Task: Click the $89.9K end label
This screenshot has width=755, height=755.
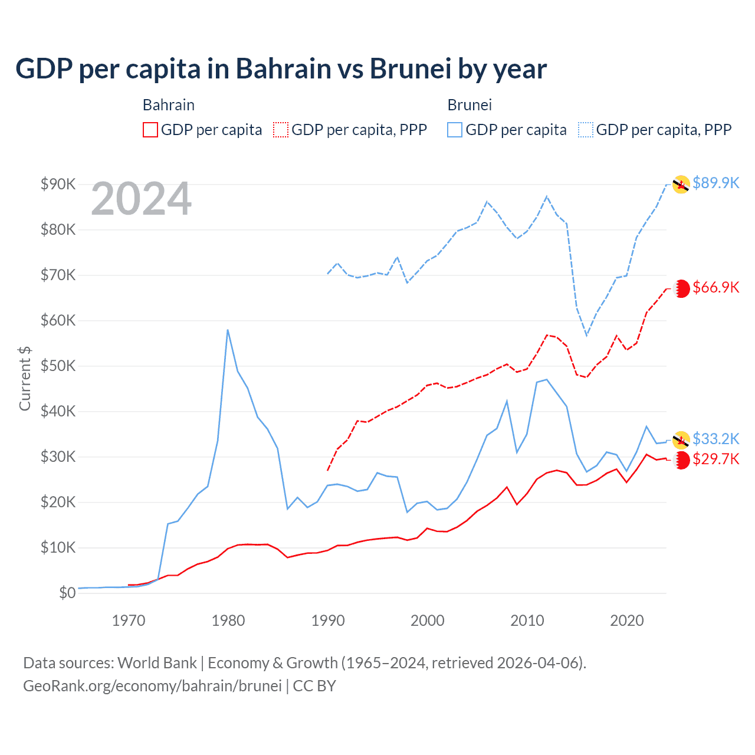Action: click(715, 183)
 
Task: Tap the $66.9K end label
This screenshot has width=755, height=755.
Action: click(715, 287)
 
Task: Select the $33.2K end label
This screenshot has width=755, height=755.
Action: click(715, 439)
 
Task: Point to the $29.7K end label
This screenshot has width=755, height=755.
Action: click(715, 459)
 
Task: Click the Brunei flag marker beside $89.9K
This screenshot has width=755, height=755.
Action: click(681, 184)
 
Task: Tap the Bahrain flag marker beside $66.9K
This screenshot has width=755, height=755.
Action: click(682, 288)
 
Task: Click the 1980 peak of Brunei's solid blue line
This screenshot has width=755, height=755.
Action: click(228, 330)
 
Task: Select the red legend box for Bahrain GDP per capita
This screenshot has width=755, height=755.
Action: click(150, 130)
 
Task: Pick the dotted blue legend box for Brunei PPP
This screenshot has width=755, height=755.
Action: click(586, 130)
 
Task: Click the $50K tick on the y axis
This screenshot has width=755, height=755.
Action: click(58, 366)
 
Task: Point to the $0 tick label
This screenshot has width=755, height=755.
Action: click(67, 593)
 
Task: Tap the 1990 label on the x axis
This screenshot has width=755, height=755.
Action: click(328, 621)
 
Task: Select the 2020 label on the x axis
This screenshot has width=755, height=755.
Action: click(626, 621)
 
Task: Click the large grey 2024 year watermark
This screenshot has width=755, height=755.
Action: click(141, 199)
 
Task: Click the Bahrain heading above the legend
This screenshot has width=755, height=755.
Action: click(169, 105)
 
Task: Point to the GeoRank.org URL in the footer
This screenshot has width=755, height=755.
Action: click(152, 686)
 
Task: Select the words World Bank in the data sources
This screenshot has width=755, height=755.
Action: click(157, 663)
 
